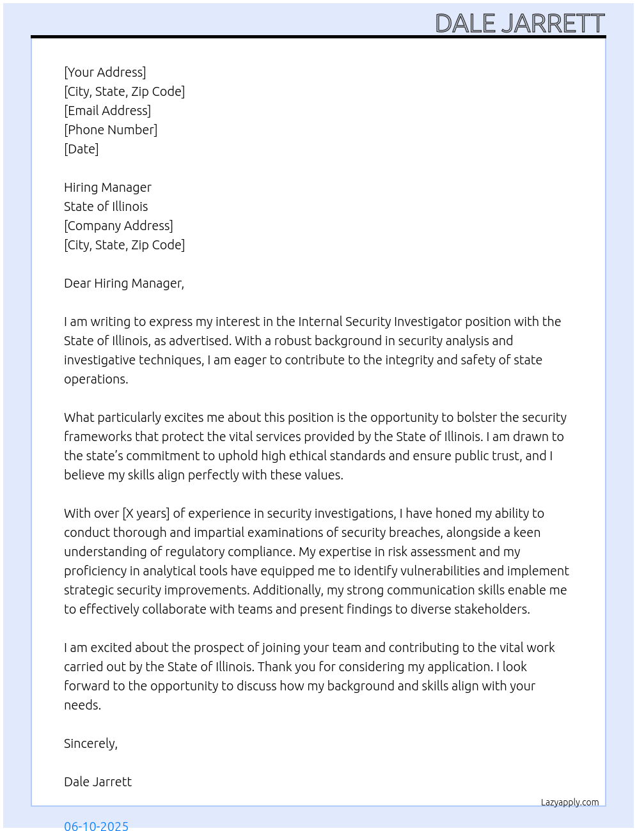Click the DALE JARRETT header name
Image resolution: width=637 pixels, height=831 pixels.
[x=519, y=24]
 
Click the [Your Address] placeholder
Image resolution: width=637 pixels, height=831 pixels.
[x=105, y=72]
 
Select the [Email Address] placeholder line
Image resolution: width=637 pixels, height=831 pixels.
[x=107, y=111]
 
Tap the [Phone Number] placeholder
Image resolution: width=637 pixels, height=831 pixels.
[x=111, y=130]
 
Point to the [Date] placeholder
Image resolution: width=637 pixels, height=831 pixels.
[x=81, y=149]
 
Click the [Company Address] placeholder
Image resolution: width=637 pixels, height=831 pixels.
[x=118, y=226]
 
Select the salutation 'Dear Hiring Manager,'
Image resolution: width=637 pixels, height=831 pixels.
[x=124, y=283]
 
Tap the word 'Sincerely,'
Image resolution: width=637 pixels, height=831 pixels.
[x=91, y=743]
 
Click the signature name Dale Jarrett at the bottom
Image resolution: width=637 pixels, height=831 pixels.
[x=98, y=782]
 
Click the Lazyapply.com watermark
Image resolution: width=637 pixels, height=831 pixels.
[x=570, y=802]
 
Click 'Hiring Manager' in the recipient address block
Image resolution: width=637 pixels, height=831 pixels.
[x=107, y=187]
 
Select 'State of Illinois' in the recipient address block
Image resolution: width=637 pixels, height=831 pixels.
[x=106, y=206]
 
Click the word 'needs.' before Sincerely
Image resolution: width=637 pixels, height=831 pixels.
[x=83, y=705]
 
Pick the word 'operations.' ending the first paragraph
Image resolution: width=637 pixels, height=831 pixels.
[x=96, y=379]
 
